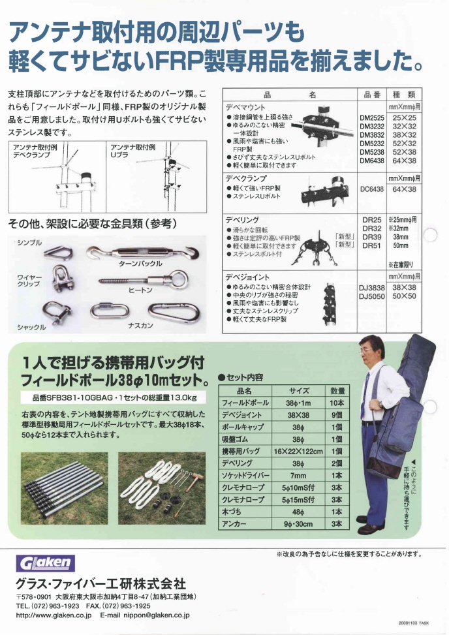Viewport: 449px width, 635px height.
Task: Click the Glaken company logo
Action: coord(46,563)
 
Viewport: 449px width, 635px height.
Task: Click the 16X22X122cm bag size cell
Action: coord(298,451)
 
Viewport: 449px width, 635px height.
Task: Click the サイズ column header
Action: coord(298,390)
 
